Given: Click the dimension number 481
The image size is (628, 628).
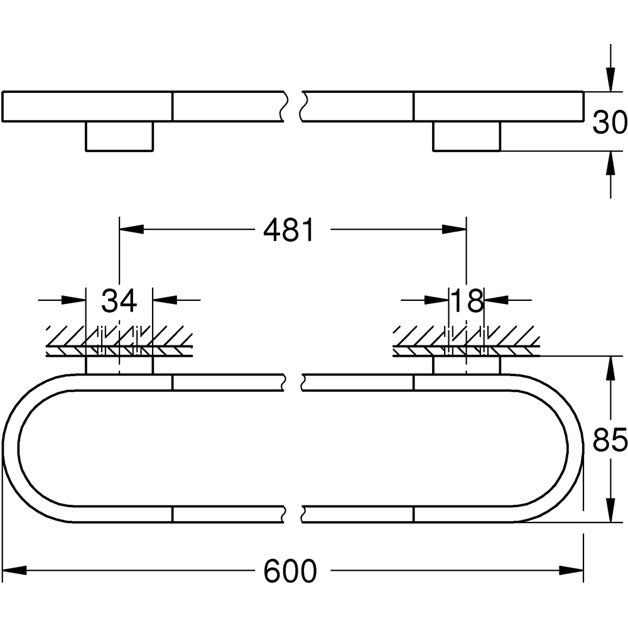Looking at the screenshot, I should (x=288, y=230).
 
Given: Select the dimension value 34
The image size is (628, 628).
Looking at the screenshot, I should (x=119, y=301).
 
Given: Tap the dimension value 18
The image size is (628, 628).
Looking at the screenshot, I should (x=467, y=301).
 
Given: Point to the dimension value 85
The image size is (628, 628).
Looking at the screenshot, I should (x=610, y=440).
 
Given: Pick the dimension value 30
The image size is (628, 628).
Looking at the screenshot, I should (x=610, y=122).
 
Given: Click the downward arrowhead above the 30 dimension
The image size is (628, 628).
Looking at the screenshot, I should (x=609, y=79).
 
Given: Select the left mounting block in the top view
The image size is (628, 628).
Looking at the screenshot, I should (x=119, y=136).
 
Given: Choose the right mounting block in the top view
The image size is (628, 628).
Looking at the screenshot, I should (x=467, y=136).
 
